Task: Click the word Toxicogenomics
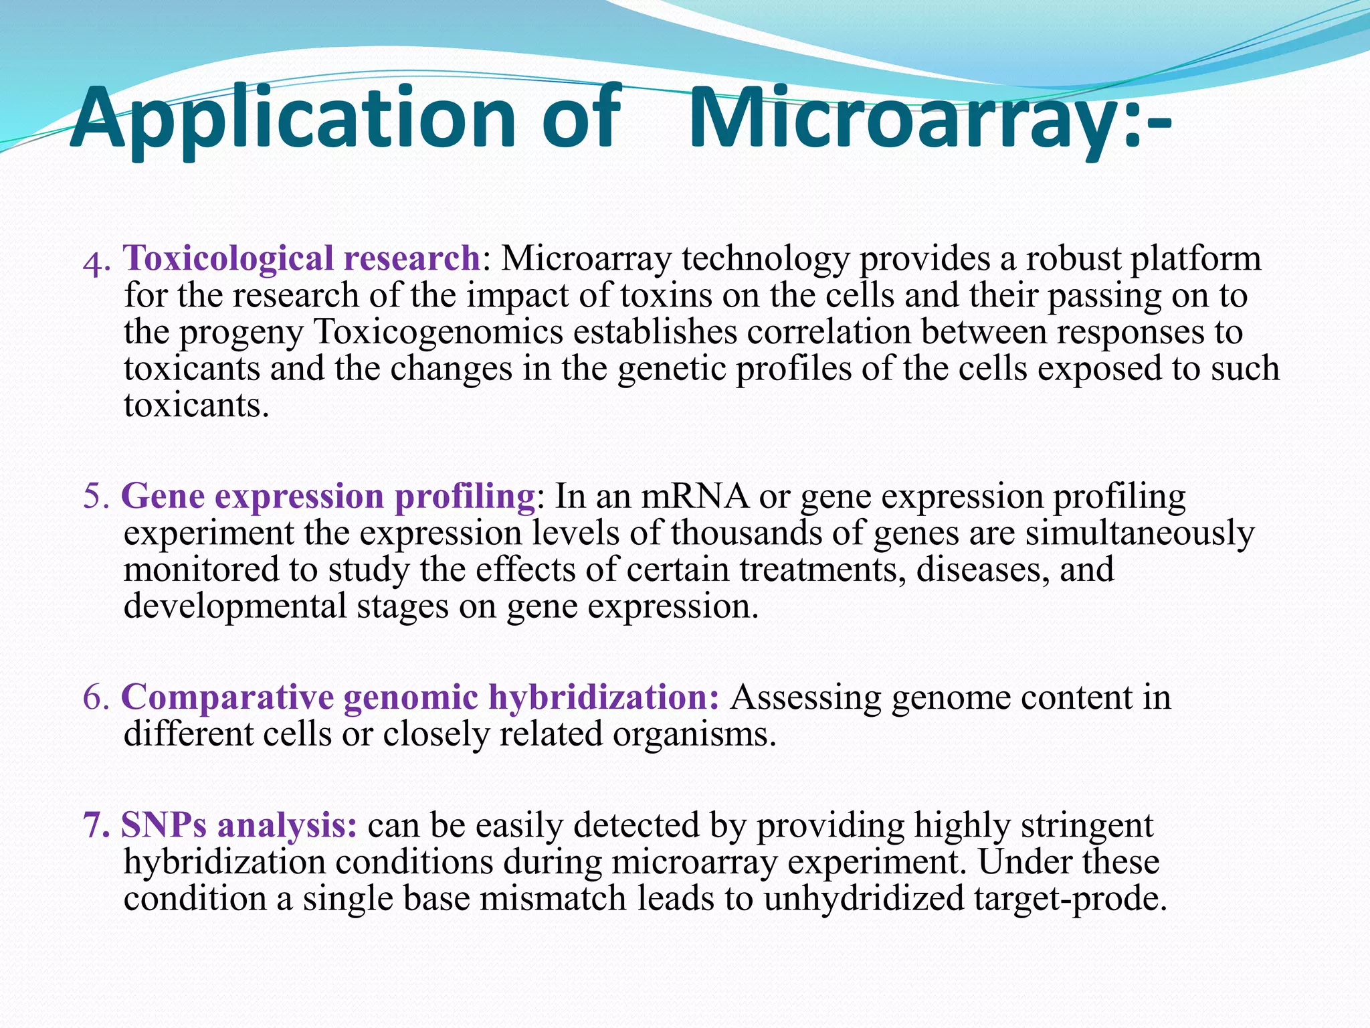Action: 438,332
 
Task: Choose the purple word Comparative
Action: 228,698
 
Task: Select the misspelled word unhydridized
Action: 863,899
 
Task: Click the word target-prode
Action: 1070,899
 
